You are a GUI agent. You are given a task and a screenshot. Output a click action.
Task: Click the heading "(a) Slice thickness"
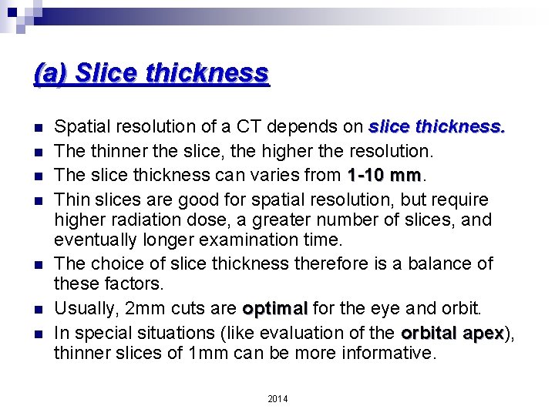click(152, 74)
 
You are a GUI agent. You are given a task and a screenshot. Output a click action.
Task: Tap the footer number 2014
click(277, 398)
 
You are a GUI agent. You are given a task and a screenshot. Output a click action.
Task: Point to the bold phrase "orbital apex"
click(452, 334)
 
